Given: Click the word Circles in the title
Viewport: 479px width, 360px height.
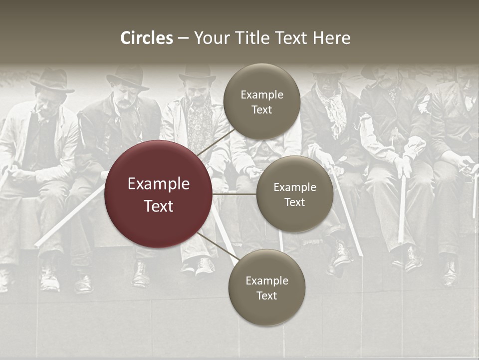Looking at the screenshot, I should click(x=146, y=38).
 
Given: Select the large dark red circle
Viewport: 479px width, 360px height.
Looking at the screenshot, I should click(x=158, y=194).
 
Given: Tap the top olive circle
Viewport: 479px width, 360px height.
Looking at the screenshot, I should click(x=261, y=102).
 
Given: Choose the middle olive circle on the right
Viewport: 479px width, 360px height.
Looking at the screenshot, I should click(x=294, y=194).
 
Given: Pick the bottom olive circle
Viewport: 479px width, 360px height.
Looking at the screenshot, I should click(x=266, y=288).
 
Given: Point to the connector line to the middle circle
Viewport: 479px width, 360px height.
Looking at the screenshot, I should click(x=235, y=194).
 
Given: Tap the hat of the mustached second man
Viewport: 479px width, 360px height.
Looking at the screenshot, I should click(x=127, y=77).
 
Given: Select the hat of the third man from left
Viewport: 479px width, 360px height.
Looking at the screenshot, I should click(x=197, y=73).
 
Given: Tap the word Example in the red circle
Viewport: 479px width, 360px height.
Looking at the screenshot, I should click(x=158, y=184).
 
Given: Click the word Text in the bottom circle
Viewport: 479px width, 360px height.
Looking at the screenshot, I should click(x=266, y=295).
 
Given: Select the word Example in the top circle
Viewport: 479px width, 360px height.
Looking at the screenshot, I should click(x=261, y=95).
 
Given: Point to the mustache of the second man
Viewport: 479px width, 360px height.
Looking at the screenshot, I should click(x=123, y=104).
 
